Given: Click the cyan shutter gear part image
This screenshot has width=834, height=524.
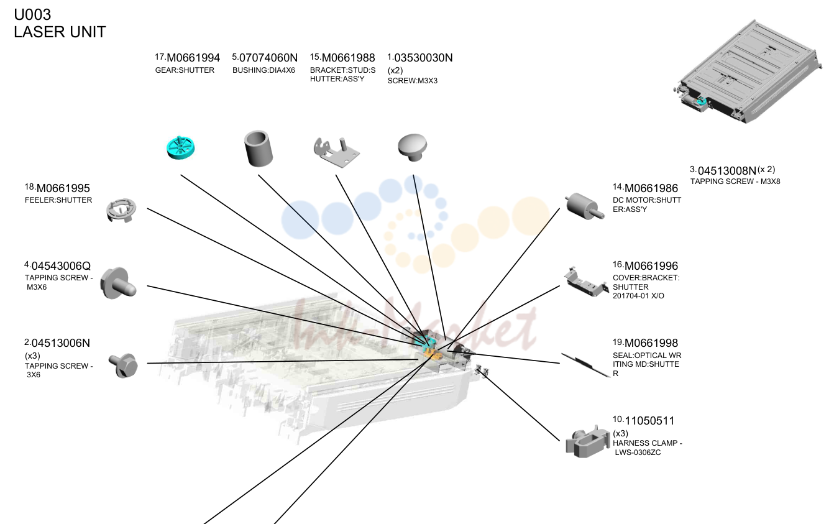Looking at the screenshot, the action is click(x=181, y=147).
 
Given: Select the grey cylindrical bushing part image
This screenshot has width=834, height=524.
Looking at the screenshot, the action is click(x=259, y=148).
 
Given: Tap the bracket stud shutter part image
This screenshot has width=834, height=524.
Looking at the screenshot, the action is click(x=336, y=152).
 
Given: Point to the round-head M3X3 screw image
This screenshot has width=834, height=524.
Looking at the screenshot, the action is click(x=412, y=147).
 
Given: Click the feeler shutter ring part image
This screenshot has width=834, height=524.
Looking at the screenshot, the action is click(x=121, y=211).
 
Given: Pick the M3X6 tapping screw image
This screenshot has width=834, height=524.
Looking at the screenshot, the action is click(x=118, y=283).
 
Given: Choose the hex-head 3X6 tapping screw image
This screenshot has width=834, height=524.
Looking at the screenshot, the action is click(x=124, y=365).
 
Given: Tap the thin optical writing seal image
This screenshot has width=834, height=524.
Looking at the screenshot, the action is click(x=585, y=365).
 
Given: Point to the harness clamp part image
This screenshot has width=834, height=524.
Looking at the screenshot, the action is click(x=587, y=442).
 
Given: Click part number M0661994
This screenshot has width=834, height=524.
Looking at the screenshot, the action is click(x=193, y=58).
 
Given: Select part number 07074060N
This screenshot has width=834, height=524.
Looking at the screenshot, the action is click(x=268, y=58).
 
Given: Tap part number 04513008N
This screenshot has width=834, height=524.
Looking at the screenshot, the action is click(x=726, y=170).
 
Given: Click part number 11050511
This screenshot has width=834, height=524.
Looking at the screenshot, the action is click(x=649, y=421).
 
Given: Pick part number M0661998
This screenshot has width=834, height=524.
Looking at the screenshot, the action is click(x=651, y=343).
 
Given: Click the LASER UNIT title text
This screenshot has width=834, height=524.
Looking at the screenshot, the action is click(x=60, y=32).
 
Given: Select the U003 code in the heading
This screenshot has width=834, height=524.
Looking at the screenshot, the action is click(x=32, y=14).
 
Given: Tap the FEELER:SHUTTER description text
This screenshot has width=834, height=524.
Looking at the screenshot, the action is click(x=58, y=200).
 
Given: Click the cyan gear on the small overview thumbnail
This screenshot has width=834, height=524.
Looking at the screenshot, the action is click(x=702, y=101).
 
